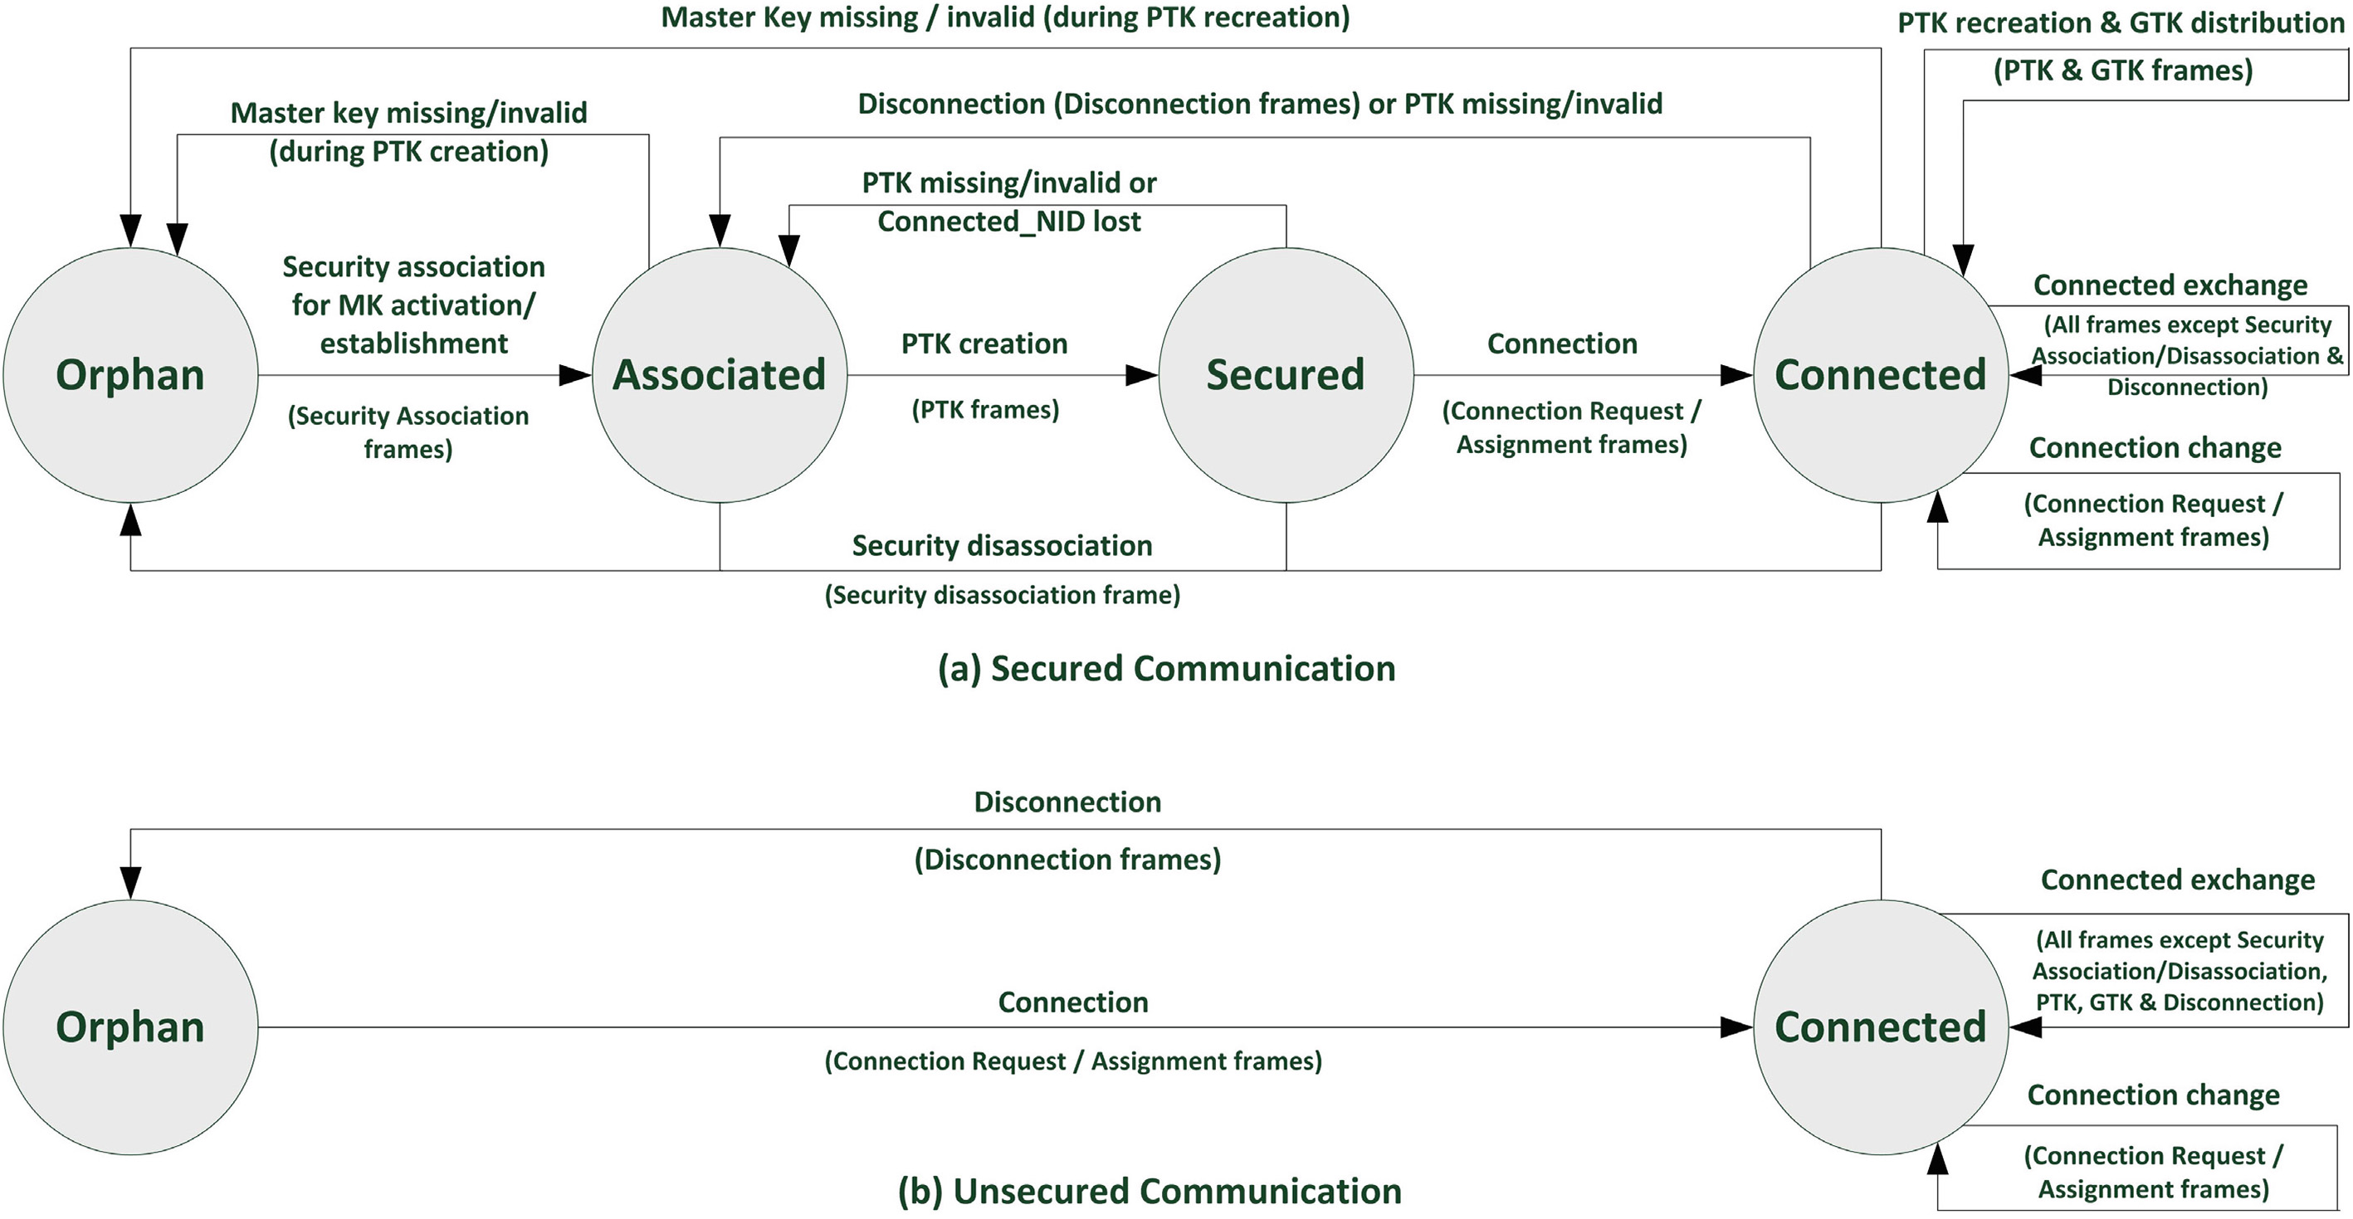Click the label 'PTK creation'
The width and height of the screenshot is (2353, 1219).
point(984,344)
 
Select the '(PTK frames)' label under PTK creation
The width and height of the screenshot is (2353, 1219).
point(984,409)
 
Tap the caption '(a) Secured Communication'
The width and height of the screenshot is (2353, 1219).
point(1166,668)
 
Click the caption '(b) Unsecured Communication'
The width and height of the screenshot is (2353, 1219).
point(1149,1191)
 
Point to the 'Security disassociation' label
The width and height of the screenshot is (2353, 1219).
point(1002,545)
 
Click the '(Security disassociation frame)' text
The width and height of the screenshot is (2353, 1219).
point(1002,595)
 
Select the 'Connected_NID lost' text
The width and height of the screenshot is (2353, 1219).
point(1008,221)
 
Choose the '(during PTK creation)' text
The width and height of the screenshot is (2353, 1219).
point(408,152)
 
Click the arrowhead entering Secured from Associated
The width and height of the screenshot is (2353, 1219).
point(1142,374)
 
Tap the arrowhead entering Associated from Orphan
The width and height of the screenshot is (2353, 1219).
point(575,374)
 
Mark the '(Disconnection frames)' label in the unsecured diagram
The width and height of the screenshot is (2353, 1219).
point(1067,859)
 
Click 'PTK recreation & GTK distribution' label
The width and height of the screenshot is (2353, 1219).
point(2121,23)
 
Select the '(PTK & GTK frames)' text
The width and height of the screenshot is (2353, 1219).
point(2122,71)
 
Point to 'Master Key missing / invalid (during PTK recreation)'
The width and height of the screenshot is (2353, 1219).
point(1005,17)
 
